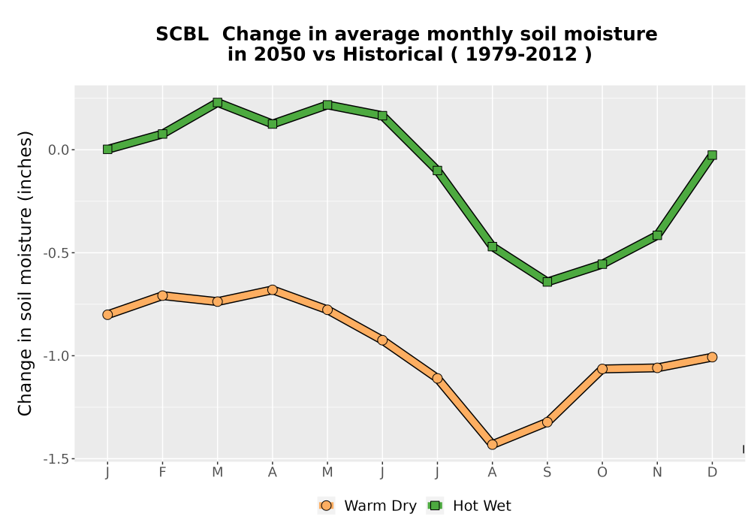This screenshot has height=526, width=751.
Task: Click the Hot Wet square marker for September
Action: (547, 282)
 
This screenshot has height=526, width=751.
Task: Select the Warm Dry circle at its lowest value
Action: (492, 445)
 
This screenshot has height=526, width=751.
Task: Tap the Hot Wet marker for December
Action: (712, 155)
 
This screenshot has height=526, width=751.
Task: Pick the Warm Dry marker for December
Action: (712, 357)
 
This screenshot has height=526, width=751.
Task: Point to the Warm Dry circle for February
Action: (162, 295)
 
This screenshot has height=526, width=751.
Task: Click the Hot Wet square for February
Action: (162, 134)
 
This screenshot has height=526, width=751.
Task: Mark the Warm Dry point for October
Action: (602, 368)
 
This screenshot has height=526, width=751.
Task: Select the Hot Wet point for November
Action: (657, 235)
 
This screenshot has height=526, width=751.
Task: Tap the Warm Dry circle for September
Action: (547, 422)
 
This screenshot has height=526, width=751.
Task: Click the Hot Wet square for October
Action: (602, 264)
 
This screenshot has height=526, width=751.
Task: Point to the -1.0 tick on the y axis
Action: (56, 356)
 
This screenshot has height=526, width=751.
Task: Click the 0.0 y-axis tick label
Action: (59, 150)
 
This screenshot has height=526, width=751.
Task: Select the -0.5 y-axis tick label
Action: (56, 253)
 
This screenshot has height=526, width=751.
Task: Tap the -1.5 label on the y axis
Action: (56, 459)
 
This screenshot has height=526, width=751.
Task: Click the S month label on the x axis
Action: (547, 473)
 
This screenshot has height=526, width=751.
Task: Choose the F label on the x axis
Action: (162, 473)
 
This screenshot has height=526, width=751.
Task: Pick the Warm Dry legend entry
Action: (367, 506)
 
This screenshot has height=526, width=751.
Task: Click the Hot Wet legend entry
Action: (469, 506)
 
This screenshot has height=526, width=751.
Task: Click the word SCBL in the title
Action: (182, 35)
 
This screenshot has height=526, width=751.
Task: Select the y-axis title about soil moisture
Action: (25, 274)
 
